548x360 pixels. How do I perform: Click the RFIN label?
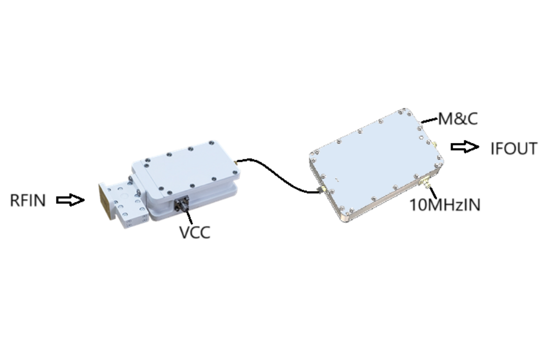(28, 200)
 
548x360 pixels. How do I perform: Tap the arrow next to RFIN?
(71, 200)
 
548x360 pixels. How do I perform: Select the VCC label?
(195, 233)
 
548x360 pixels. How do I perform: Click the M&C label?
(458, 119)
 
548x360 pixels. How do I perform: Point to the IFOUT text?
(513, 149)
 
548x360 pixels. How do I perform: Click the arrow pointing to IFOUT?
(465, 147)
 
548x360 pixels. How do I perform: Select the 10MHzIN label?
(445, 205)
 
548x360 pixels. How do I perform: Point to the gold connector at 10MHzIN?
(425, 182)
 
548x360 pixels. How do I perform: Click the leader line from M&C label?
(430, 120)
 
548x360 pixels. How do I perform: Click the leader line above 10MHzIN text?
(433, 192)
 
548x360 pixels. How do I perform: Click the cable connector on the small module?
(236, 162)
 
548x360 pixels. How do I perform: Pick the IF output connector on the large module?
(434, 144)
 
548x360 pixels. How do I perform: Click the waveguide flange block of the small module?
(122, 202)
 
